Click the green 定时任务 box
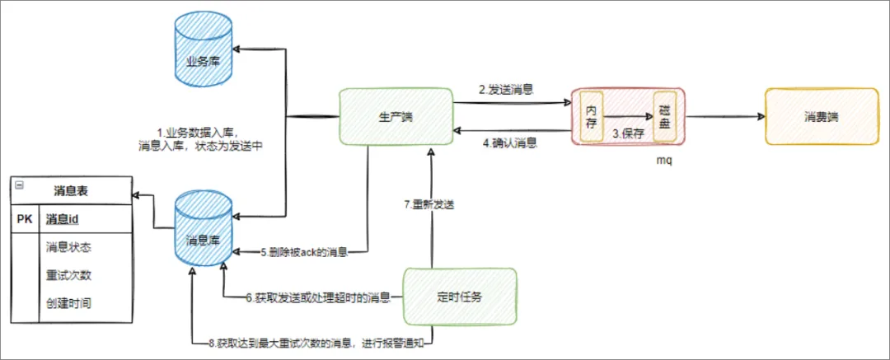coord(458,295)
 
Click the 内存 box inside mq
coord(592,117)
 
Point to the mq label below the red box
coord(663,159)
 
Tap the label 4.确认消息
coord(510,143)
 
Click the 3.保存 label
coord(627,133)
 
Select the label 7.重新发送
coord(429,204)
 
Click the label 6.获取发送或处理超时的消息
coord(318,297)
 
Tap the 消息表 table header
coord(71,190)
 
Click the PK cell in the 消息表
coord(25,219)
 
